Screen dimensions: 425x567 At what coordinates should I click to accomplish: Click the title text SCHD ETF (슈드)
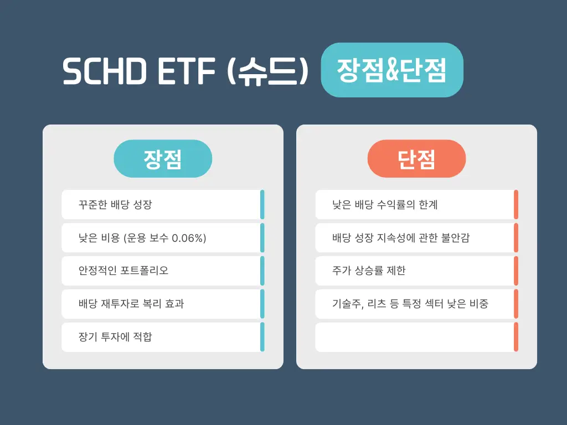pyautogui.click(x=184, y=71)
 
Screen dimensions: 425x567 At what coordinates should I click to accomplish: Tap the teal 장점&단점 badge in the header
pyautogui.click(x=391, y=70)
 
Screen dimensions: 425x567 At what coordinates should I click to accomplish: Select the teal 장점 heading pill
pyautogui.click(x=163, y=159)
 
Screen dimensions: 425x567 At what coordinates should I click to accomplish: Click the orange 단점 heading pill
pyautogui.click(x=416, y=159)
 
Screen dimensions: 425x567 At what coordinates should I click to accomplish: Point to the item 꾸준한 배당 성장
pyautogui.click(x=115, y=205)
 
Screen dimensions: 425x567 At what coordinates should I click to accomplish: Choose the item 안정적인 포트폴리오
pyautogui.click(x=123, y=271)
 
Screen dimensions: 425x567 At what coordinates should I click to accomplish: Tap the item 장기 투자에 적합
pyautogui.click(x=115, y=337)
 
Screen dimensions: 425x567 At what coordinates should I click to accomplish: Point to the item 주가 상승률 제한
pyautogui.click(x=369, y=271)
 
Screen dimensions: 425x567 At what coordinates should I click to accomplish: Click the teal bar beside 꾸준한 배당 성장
pyautogui.click(x=262, y=205)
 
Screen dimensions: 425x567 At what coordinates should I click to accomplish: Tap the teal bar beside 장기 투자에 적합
pyautogui.click(x=262, y=337)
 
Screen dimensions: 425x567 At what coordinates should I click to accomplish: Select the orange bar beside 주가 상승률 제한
pyautogui.click(x=516, y=271)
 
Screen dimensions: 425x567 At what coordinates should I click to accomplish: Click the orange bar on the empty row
pyautogui.click(x=516, y=337)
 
